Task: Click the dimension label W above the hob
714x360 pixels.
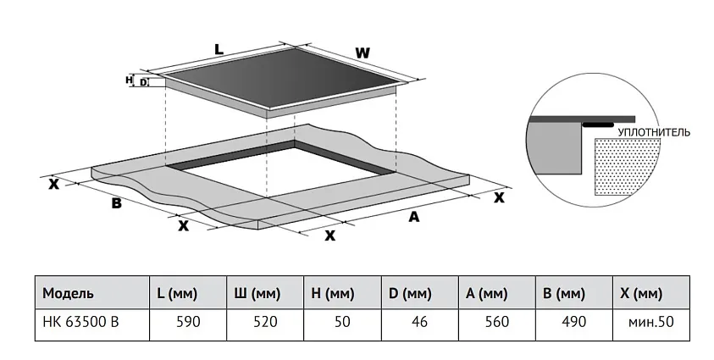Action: tap(363, 53)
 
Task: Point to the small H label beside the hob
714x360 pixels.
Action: tap(129, 80)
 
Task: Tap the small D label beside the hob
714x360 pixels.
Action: tap(143, 83)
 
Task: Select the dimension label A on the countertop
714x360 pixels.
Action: tap(414, 218)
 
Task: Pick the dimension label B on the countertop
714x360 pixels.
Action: tap(117, 203)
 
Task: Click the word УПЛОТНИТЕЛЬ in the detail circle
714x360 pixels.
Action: tap(654, 133)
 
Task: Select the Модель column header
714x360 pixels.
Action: tap(68, 294)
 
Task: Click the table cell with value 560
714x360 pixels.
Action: tap(496, 323)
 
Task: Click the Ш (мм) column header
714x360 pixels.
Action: tap(257, 294)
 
